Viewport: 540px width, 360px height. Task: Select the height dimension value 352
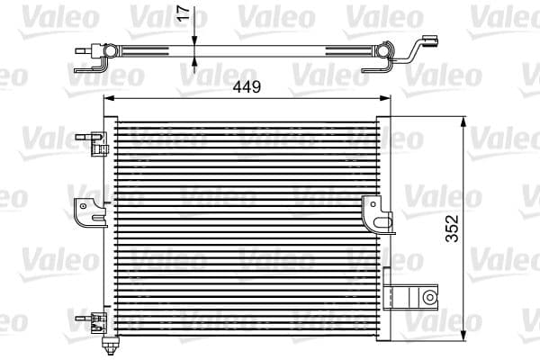pos(453,229)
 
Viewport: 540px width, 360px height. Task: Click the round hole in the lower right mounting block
pos(431,296)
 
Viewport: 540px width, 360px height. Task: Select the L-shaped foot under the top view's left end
pos(93,65)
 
